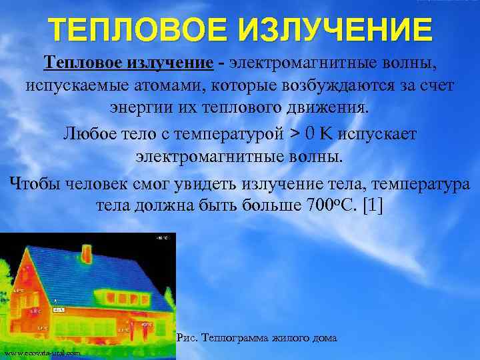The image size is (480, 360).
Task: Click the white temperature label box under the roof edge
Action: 59,310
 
